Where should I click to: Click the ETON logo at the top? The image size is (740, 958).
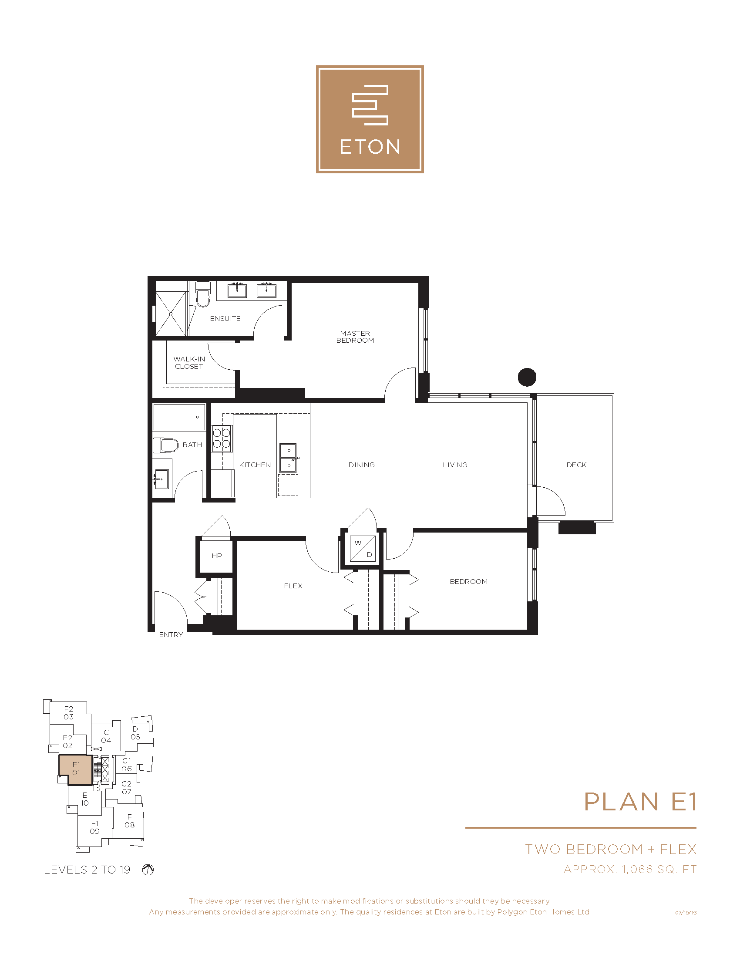(x=370, y=119)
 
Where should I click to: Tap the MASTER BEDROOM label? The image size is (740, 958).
(x=355, y=337)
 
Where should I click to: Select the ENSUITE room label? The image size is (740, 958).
(x=225, y=318)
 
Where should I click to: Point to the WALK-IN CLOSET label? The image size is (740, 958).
(x=189, y=363)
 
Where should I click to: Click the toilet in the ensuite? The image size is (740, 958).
(x=203, y=294)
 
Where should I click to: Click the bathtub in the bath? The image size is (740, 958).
(x=179, y=417)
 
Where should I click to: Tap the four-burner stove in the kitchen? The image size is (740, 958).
(x=222, y=438)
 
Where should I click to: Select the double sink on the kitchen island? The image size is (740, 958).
(x=288, y=458)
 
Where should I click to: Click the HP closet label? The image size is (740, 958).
(x=217, y=556)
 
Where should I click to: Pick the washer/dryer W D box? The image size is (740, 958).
(x=363, y=548)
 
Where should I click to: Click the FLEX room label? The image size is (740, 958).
(x=293, y=586)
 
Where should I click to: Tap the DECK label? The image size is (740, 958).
(x=576, y=465)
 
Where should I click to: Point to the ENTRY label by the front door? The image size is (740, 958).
(x=171, y=635)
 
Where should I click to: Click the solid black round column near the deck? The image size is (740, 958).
(x=527, y=377)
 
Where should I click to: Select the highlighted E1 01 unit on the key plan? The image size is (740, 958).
(x=75, y=769)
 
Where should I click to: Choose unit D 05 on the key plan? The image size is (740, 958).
(x=135, y=733)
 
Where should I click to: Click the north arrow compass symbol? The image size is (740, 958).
(x=148, y=870)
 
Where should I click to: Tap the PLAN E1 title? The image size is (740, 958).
(x=640, y=802)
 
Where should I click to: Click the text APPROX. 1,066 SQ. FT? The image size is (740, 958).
(x=631, y=869)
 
